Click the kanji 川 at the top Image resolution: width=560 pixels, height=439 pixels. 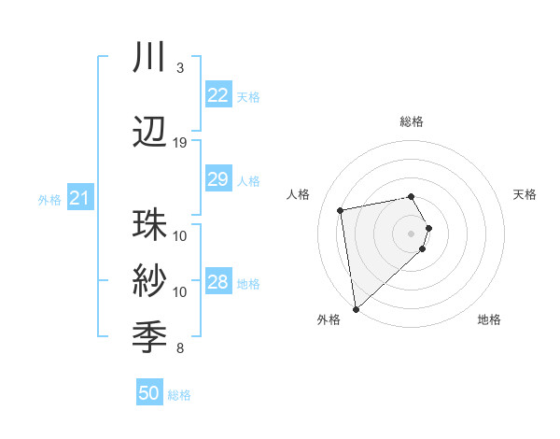point(149,57)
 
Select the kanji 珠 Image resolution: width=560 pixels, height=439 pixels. point(149,225)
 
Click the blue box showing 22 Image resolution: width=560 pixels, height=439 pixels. point(217,95)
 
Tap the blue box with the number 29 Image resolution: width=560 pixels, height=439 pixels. point(217,179)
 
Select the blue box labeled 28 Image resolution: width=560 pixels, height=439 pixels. point(217,282)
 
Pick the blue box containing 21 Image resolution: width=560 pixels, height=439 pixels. point(79,198)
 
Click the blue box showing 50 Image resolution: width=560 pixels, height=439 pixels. point(149,393)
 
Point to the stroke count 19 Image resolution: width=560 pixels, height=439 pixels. point(180,143)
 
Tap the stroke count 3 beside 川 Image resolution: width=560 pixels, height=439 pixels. point(180,68)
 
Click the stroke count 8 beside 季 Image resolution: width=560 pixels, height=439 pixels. point(180,348)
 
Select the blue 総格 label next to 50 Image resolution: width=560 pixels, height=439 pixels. point(179,395)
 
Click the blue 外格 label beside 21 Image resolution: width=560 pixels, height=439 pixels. point(49,199)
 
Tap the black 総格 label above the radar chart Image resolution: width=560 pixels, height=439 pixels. point(411,121)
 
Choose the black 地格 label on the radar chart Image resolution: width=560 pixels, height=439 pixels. point(489,319)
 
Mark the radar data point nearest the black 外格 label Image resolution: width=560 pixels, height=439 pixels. point(356,308)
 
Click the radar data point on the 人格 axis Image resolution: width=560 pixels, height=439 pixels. point(341,209)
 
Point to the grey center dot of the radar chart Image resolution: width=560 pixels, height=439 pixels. point(411,233)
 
